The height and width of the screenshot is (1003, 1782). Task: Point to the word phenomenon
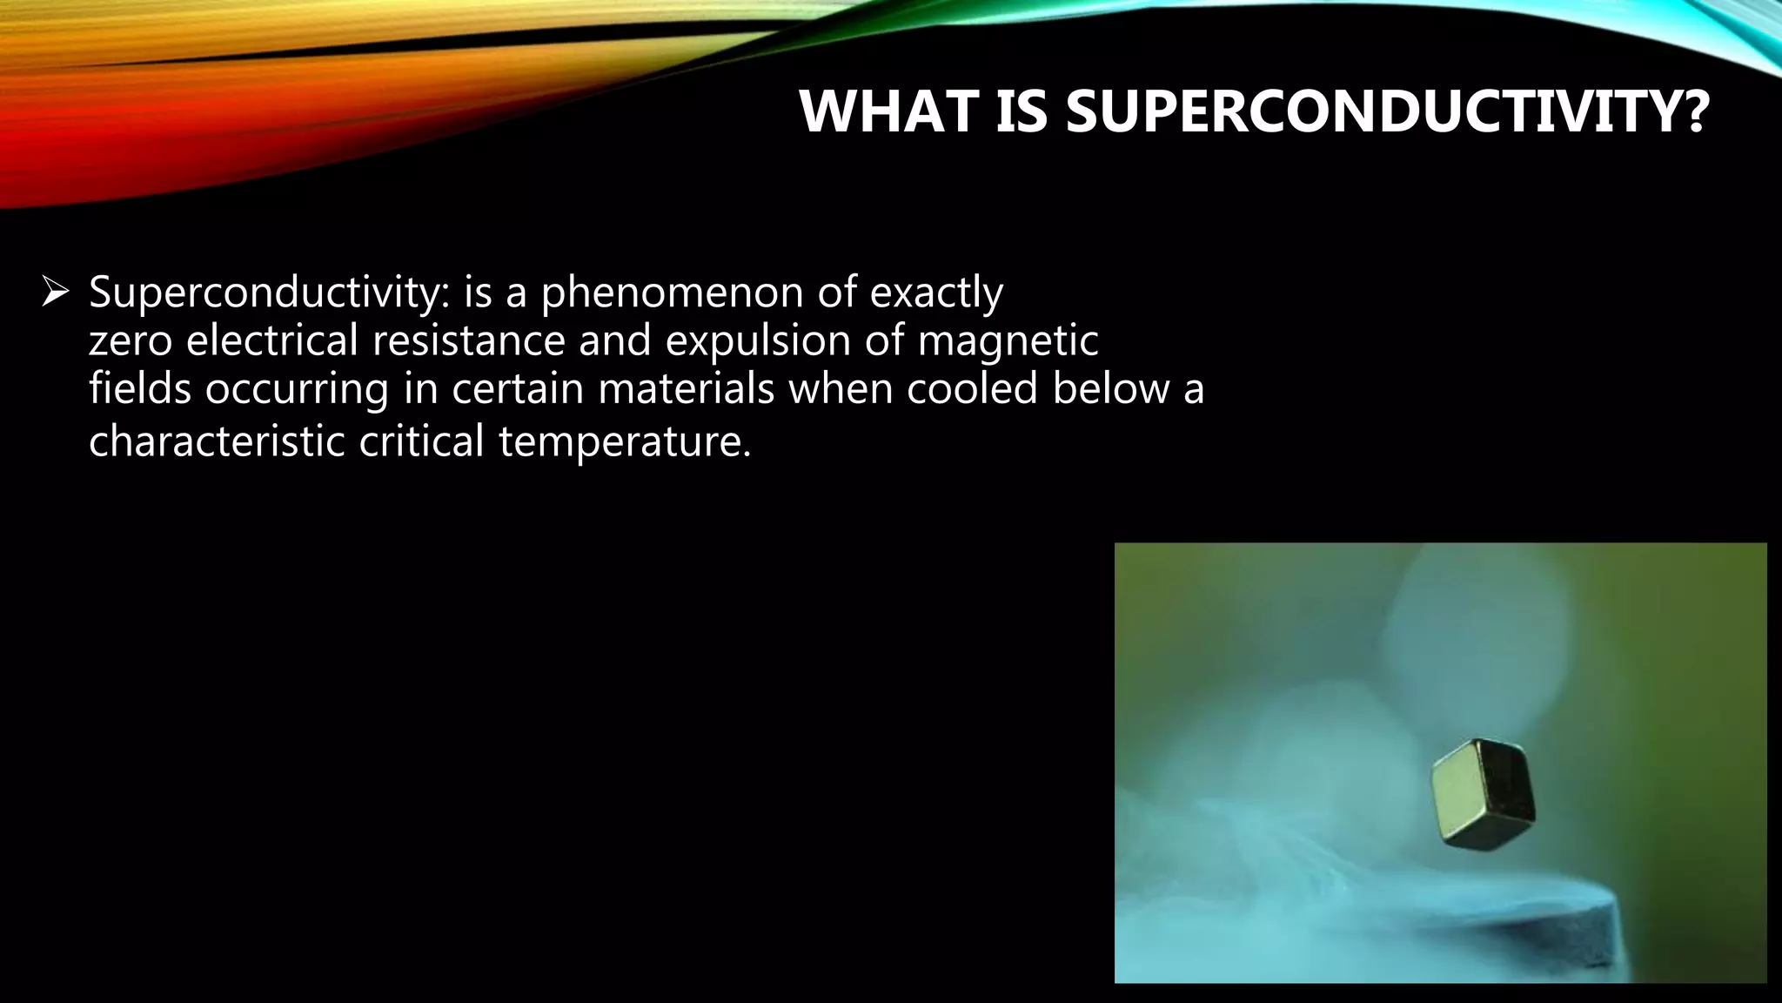coord(672,293)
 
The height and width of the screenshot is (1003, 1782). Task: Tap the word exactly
coord(936,293)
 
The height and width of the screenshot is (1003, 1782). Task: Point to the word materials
coord(686,388)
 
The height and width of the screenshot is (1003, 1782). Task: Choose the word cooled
coord(972,388)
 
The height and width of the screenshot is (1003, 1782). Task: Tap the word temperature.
coord(623,442)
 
